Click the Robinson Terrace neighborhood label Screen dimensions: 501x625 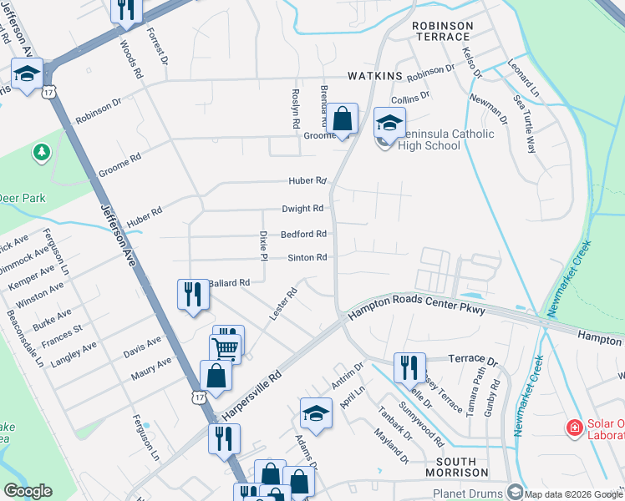click(442, 32)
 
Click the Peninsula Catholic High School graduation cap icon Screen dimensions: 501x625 click(389, 123)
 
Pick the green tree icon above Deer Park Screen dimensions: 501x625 click(40, 152)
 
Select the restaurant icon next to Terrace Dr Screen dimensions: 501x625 click(409, 366)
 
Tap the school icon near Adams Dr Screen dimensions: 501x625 click(316, 412)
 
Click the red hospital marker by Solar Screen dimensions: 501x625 click(574, 428)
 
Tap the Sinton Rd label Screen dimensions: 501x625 click(307, 258)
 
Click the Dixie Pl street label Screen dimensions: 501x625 click(262, 245)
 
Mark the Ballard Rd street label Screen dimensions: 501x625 click(229, 283)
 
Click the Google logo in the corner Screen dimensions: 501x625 click(28, 491)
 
